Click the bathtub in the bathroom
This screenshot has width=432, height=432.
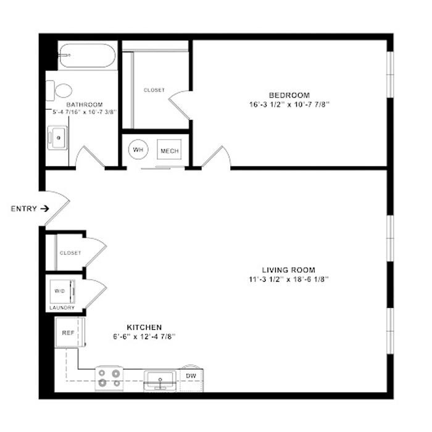point(87,56)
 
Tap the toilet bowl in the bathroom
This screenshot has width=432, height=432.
point(64,91)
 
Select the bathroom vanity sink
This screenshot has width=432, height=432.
point(57,138)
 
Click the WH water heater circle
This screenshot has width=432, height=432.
point(138,149)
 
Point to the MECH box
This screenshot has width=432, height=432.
point(169,149)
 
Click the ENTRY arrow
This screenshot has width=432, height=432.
point(45,209)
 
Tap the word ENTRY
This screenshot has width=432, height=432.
point(23,209)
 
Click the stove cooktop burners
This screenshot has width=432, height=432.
point(109,378)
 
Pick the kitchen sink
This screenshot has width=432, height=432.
point(160,381)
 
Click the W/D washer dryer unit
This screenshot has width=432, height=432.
point(62,291)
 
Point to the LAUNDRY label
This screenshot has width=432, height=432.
point(62,308)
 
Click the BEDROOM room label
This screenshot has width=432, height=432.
point(289,95)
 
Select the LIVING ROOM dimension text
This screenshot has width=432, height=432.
point(289,280)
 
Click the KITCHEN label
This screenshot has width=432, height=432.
point(144,327)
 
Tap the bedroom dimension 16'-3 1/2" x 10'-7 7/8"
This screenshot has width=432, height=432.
point(289,105)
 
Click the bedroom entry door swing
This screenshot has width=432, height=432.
point(216,157)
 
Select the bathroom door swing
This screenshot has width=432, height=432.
point(90,157)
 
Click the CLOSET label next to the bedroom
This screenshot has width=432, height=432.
point(154,90)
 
